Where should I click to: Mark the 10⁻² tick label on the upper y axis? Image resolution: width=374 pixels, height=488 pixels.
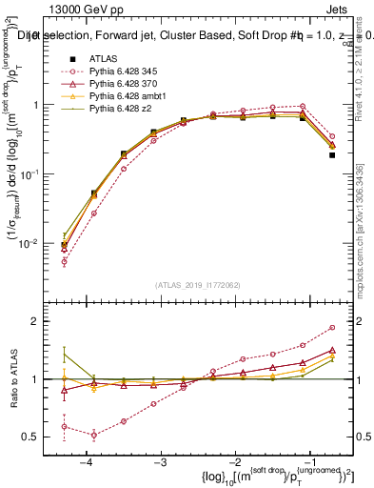(x=33, y=244)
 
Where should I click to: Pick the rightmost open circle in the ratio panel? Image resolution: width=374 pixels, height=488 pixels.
(x=332, y=327)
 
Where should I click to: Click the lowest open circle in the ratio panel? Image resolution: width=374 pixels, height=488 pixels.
(x=94, y=435)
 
